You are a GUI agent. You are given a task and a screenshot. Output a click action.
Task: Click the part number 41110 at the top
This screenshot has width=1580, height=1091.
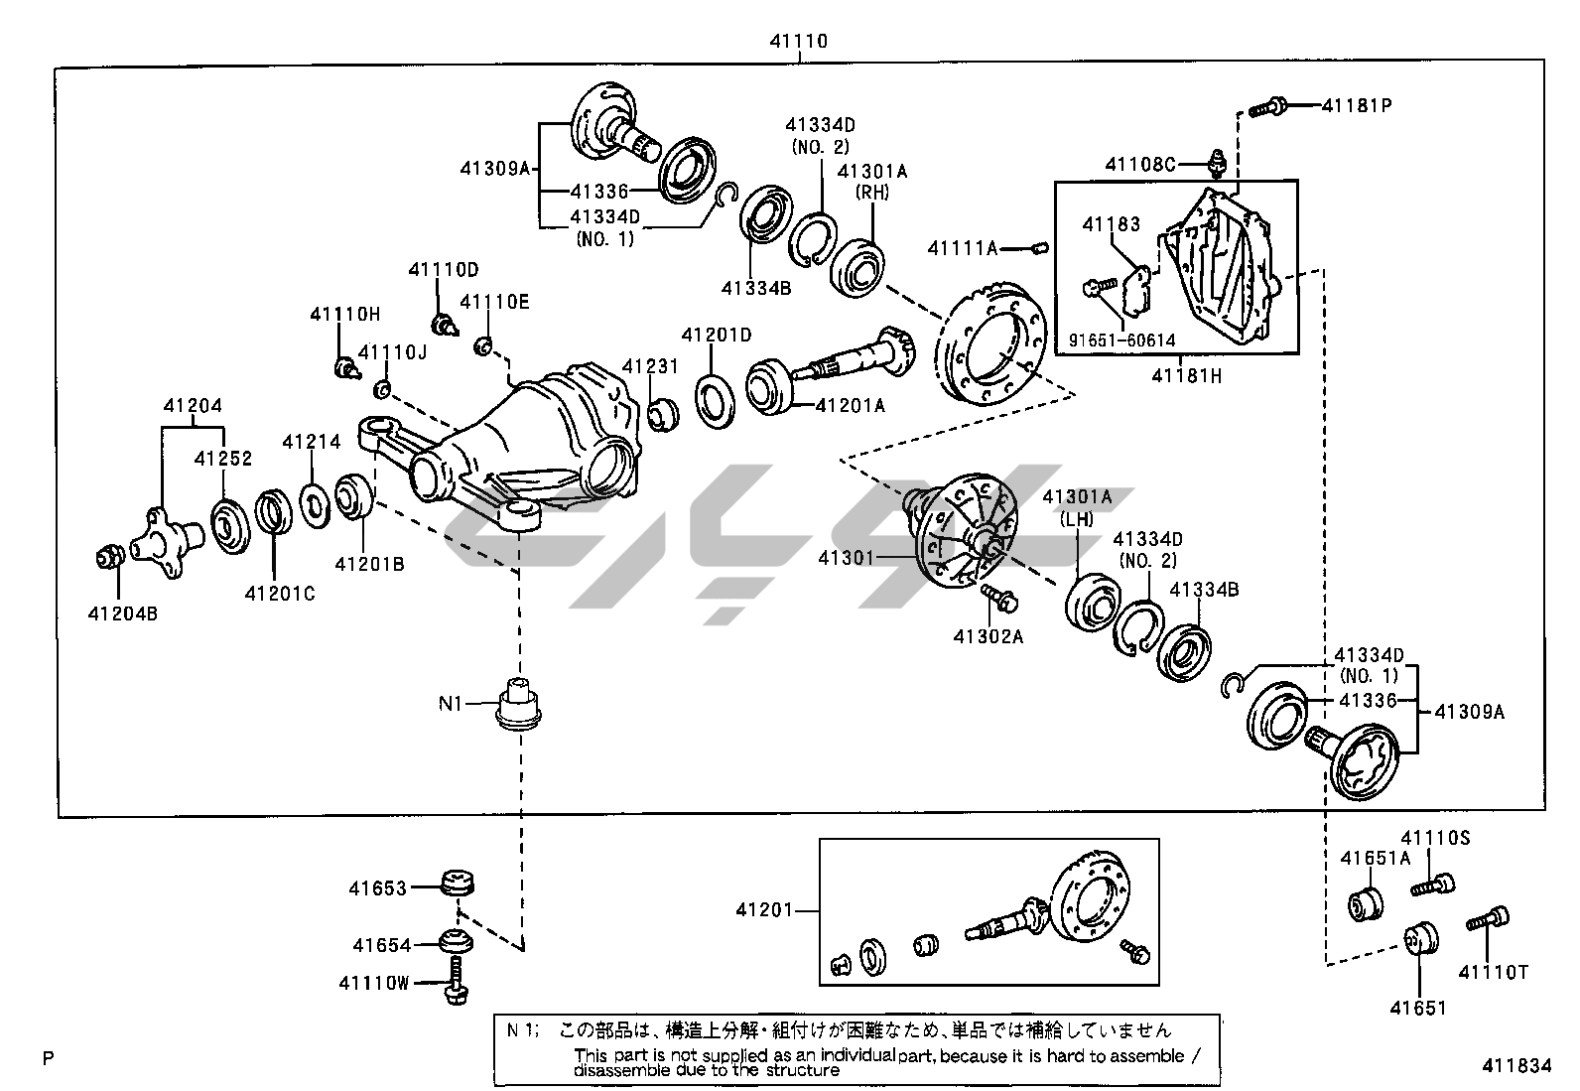(x=798, y=42)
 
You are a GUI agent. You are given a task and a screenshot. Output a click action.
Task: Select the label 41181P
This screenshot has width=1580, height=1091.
(x=1356, y=104)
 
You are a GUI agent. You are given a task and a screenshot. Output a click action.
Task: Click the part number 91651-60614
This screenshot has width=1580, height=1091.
(x=1121, y=341)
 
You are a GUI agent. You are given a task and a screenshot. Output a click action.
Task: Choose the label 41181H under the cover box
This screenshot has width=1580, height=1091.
(x=1186, y=375)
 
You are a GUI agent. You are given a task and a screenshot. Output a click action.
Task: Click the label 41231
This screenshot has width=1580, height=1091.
(x=650, y=366)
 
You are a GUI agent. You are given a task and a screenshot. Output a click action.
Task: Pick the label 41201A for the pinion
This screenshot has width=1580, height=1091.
(x=851, y=405)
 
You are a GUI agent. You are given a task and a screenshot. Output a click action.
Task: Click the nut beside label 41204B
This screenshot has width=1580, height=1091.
(x=108, y=558)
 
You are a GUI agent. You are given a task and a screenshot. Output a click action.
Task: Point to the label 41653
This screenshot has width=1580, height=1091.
(x=377, y=887)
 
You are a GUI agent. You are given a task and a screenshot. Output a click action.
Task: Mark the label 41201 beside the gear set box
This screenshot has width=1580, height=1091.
(x=764, y=909)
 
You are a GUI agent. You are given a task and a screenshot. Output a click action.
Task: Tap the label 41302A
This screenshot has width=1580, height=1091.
(x=987, y=636)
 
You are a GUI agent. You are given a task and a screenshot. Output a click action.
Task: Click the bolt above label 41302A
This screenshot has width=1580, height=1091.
(x=995, y=599)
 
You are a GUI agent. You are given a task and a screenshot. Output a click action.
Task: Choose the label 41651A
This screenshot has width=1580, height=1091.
(x=1375, y=858)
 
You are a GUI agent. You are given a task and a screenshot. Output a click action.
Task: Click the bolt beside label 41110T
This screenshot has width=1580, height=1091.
(x=1488, y=920)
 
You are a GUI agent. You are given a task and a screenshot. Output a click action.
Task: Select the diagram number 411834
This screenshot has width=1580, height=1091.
(x=1516, y=1066)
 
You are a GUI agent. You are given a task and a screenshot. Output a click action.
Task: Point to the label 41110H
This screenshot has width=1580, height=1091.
(x=344, y=314)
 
